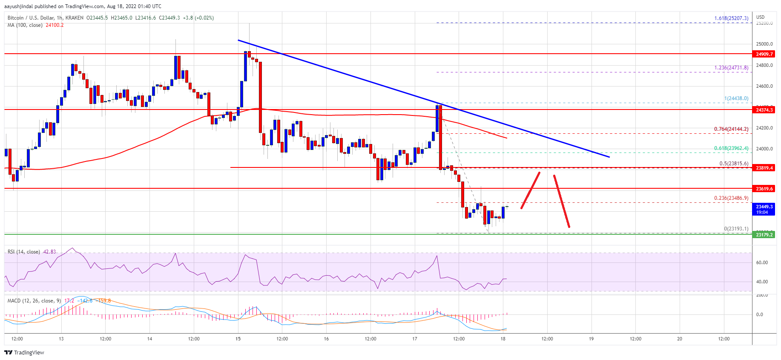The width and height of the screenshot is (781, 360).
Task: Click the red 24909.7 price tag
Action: pos(764,54)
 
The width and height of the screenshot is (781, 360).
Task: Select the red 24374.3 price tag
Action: pos(764,110)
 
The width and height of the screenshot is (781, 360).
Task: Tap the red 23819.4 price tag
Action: pos(764,168)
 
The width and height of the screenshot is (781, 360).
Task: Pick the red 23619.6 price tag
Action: pos(764,188)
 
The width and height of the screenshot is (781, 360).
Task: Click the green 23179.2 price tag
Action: pos(764,234)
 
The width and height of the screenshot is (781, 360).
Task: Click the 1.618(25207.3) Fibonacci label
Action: pos(731,18)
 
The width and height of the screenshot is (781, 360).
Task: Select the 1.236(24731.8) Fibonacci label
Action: pos(731,68)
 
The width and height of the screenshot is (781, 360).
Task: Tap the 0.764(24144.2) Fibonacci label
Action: pos(731,129)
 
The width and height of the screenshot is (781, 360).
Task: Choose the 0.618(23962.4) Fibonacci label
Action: pos(731,148)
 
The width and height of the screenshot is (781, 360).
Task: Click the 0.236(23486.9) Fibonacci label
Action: pos(731,198)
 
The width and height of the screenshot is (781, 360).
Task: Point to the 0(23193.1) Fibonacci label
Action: pos(736,229)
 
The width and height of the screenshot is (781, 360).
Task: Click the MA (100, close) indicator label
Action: pos(25,25)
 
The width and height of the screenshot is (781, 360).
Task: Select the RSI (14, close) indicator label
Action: pos(24,252)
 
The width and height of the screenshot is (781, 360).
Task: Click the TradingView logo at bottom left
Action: pos(24,352)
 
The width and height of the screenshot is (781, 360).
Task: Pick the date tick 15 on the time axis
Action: pos(238,339)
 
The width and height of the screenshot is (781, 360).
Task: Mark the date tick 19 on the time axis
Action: pos(591,339)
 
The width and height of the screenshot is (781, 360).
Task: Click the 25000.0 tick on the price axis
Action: pos(764,44)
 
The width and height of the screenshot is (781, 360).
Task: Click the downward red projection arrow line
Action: pos(561,201)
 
